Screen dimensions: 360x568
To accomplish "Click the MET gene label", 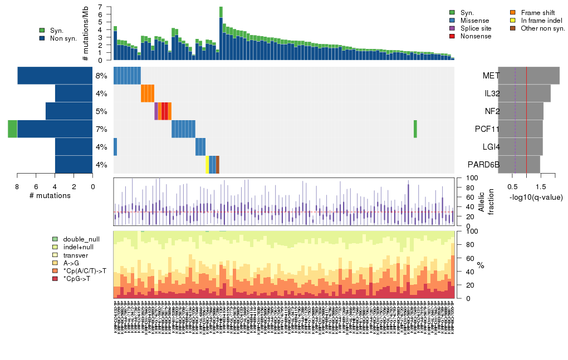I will (x=491, y=76).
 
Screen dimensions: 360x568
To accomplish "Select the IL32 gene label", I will (x=492, y=93).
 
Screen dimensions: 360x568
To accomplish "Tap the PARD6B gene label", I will (x=484, y=165).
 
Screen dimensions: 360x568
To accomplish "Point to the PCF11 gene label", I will (x=488, y=129).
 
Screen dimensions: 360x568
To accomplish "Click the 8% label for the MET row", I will (x=101, y=76).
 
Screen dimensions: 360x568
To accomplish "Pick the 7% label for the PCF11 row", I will (x=101, y=129).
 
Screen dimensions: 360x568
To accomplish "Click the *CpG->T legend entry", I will (x=77, y=278).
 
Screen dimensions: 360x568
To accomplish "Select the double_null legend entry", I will (x=77, y=238).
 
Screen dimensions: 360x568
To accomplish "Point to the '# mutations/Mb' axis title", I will (x=85, y=33).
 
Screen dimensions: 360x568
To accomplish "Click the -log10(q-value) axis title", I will (x=536, y=198).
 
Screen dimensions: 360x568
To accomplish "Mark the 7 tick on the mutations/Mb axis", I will (x=101, y=7).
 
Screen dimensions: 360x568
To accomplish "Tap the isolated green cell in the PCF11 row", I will (x=415, y=129).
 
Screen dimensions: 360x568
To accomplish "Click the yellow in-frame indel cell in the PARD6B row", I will (x=208, y=165).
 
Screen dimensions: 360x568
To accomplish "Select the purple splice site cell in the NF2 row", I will (x=156, y=111).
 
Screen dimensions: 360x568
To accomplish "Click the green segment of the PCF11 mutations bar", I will (x=12, y=129).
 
